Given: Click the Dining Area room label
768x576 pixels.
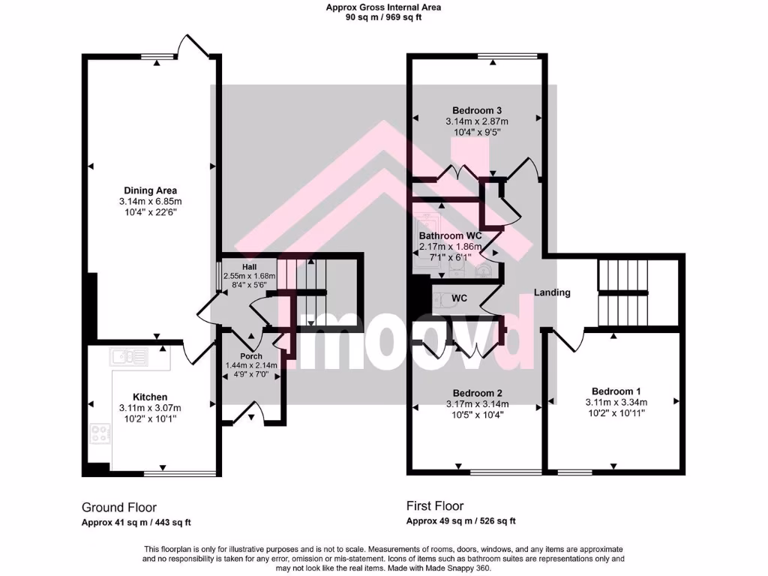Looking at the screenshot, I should point(150,190).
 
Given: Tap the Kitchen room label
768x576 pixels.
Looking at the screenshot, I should point(150,397).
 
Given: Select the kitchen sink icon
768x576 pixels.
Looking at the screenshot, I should point(129,355).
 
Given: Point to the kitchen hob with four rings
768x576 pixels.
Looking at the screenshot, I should point(99,433).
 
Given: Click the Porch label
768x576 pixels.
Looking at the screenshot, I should point(251,355).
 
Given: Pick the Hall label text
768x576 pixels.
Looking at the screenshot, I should point(250,267).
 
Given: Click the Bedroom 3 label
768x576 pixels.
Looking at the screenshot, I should point(477,111).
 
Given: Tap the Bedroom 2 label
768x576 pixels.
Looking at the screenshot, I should point(477,393).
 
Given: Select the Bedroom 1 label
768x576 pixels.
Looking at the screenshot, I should point(616,391).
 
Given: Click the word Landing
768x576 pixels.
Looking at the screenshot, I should point(552,292).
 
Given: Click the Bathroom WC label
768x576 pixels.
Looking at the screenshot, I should point(450,235).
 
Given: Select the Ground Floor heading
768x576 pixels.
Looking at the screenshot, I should point(118,507).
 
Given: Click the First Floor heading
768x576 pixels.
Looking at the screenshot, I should point(435,506).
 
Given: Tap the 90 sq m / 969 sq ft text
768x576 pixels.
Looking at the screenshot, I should point(383,17).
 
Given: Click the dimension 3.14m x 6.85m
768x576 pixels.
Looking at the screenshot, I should point(150,202).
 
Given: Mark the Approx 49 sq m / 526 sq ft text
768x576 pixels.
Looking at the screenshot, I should point(460,521).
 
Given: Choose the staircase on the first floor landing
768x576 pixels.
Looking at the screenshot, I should point(622,292).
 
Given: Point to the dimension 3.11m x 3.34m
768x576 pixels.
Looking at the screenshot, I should point(616,402).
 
